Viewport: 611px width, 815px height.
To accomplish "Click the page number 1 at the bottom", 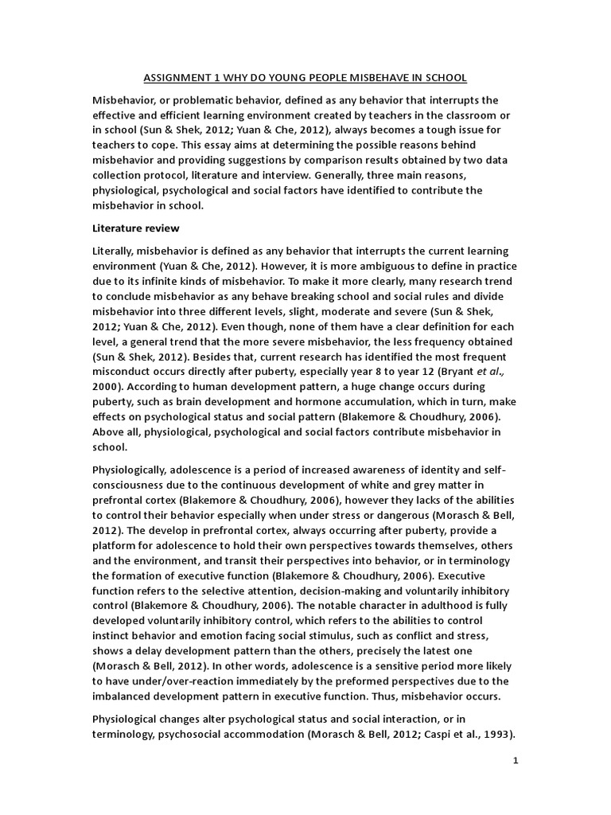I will (516, 761).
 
